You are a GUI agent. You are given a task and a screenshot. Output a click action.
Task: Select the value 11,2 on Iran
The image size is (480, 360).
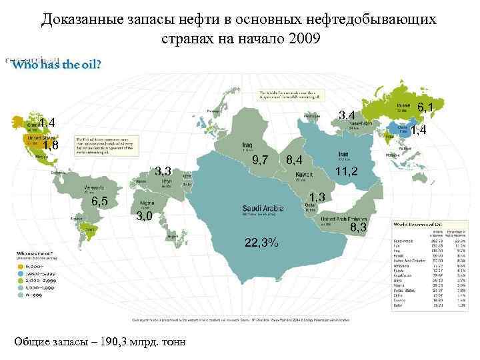coord(347,171)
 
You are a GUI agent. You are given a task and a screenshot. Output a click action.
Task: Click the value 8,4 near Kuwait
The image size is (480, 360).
coord(294,160)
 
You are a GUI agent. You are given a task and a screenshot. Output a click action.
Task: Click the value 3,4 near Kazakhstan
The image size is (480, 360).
coord(347,116)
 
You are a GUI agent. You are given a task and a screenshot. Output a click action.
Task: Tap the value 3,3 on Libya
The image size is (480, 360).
coord(164,171)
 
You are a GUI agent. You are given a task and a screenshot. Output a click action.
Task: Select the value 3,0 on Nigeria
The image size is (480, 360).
coord(144,215)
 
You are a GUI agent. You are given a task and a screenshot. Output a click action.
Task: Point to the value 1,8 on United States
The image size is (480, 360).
coord(51,146)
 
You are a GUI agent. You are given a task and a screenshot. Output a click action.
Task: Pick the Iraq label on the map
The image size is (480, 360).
coord(247,144)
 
